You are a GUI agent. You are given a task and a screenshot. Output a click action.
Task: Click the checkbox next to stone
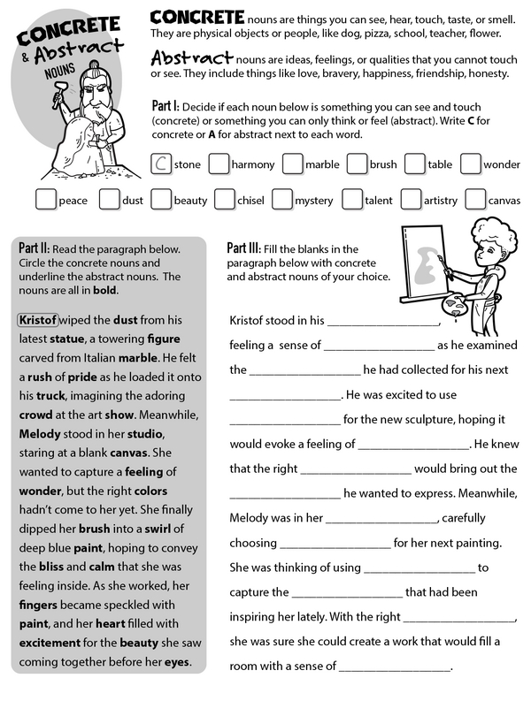point(161,164)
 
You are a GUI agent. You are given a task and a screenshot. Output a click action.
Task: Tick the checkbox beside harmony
point(218,164)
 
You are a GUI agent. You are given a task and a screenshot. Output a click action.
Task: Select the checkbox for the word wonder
point(470,164)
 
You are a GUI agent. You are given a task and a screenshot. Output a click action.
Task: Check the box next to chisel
point(224,200)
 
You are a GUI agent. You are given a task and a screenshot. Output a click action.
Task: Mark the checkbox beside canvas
point(475,200)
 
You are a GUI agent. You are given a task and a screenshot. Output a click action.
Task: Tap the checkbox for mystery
point(282,200)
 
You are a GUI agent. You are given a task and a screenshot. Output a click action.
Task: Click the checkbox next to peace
point(46,200)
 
